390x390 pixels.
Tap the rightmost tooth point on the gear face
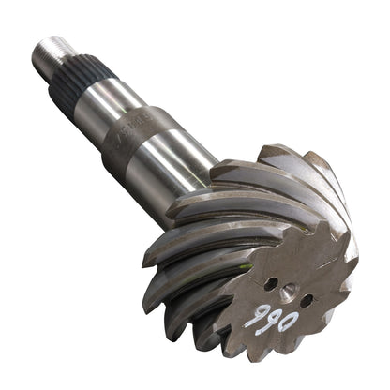(355, 272)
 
